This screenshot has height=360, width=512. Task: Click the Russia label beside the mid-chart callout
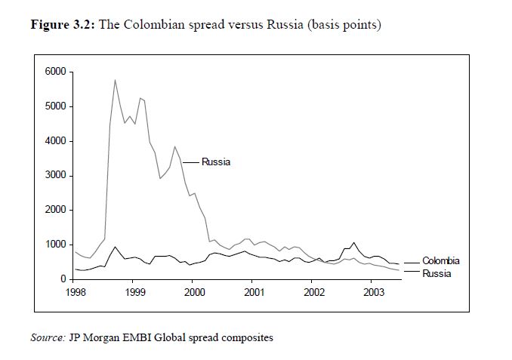(216, 162)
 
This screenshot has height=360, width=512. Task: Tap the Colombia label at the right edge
(441, 261)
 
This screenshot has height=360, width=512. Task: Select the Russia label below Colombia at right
(436, 273)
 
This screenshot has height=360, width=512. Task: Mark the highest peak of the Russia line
(115, 79)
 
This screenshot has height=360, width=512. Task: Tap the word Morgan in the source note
(100, 337)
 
